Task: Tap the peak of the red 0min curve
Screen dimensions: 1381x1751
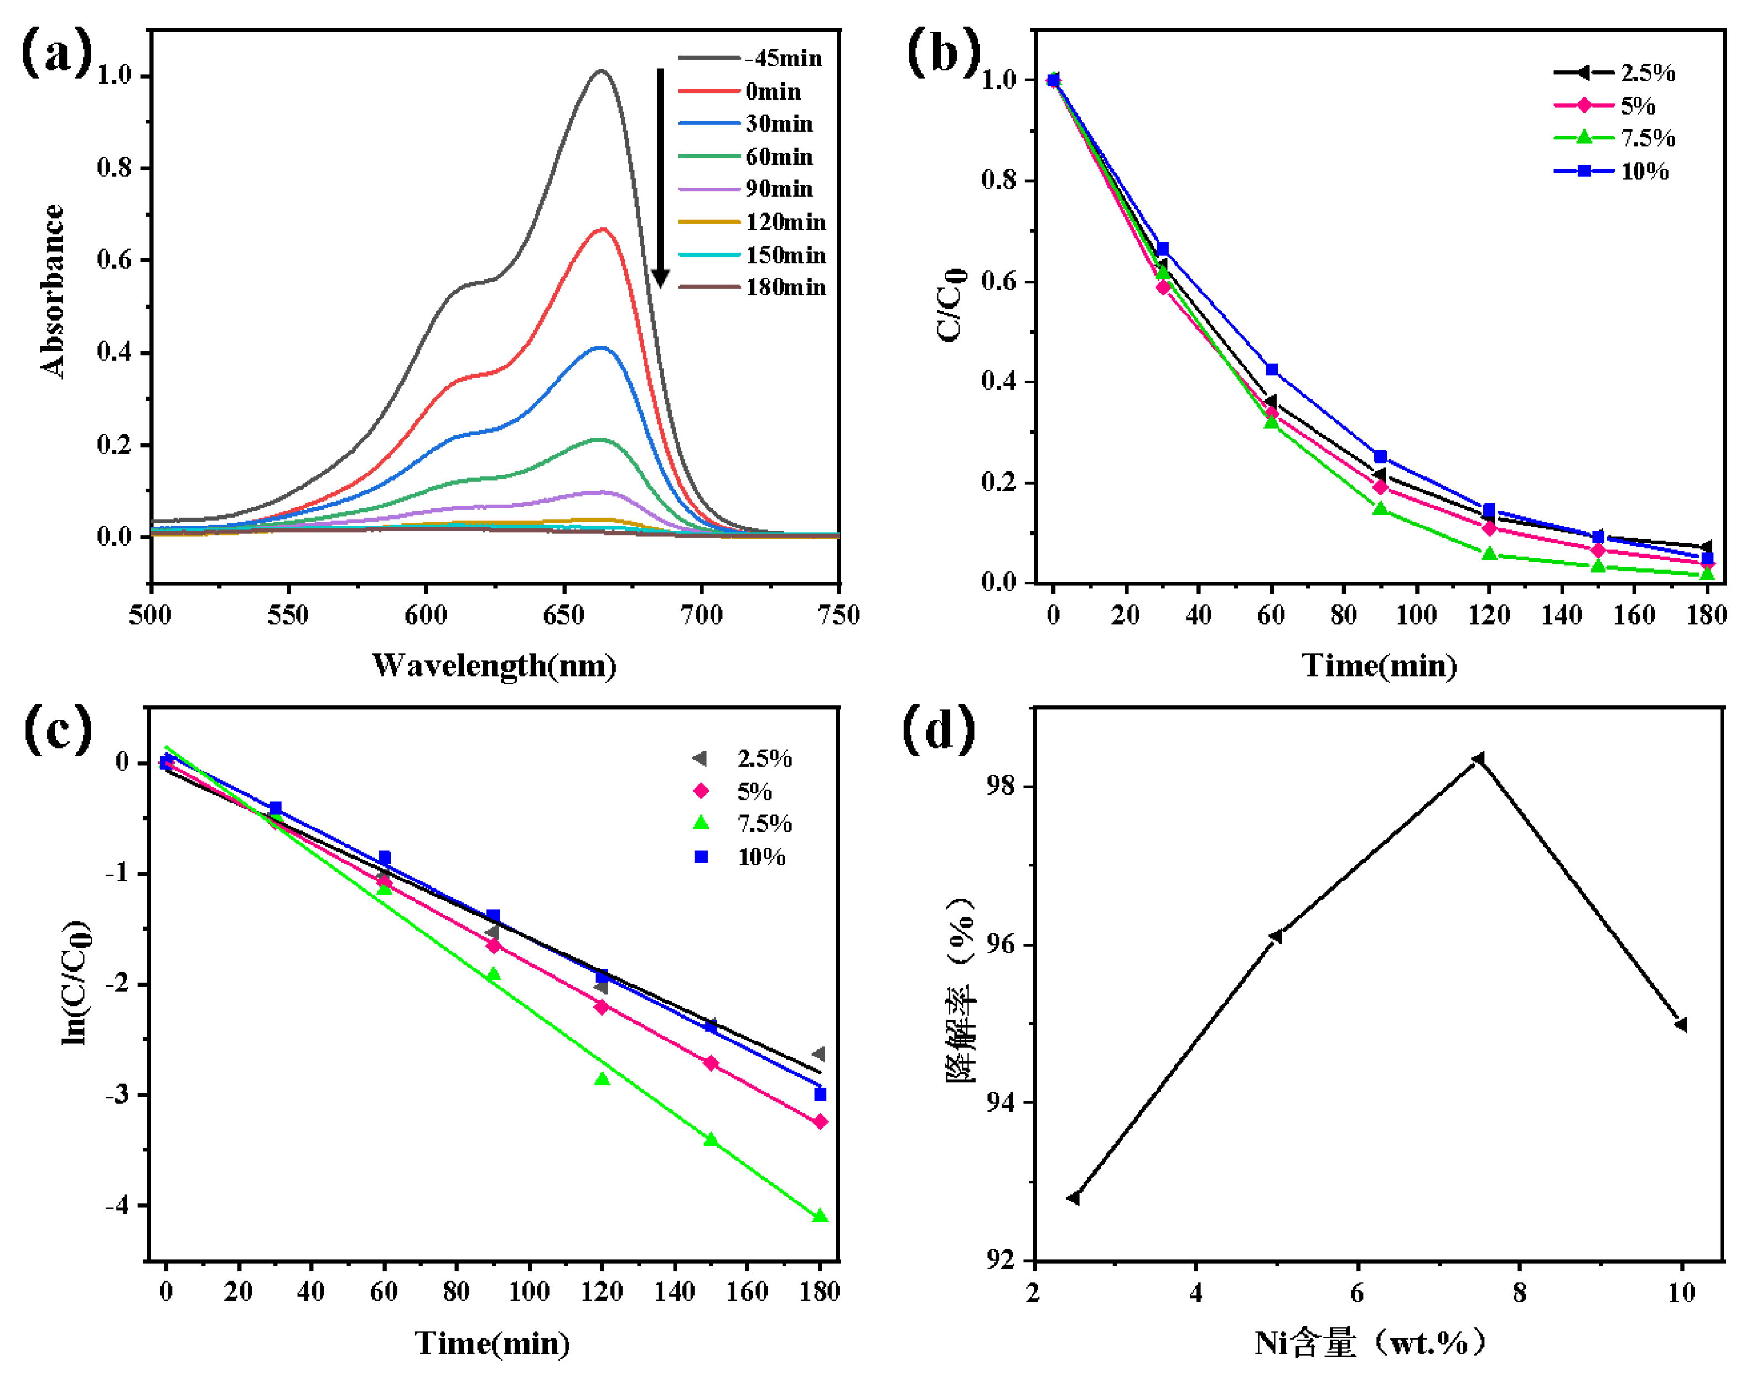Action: tap(602, 230)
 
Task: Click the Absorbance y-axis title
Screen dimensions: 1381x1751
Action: tap(53, 291)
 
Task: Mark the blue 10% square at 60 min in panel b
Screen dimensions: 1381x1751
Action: tap(1271, 370)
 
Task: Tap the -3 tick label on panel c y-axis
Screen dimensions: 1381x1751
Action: tap(117, 1095)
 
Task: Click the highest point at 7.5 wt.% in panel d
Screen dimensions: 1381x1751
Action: tap(1478, 759)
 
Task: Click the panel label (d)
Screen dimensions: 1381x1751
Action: tap(938, 730)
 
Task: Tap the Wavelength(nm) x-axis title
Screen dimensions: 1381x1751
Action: tap(494, 666)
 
